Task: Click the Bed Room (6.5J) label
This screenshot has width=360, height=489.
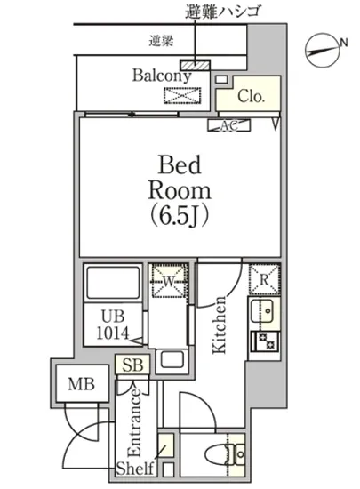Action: pyautogui.click(x=180, y=191)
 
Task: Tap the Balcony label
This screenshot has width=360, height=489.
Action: pyautogui.click(x=162, y=76)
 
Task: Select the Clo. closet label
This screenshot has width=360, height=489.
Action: pyautogui.click(x=251, y=96)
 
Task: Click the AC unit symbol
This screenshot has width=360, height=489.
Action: pyautogui.click(x=229, y=125)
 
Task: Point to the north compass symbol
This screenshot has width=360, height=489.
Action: pyautogui.click(x=323, y=50)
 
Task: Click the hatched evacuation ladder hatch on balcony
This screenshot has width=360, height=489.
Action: pyautogui.click(x=196, y=65)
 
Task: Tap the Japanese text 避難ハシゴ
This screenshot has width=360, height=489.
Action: pyautogui.click(x=222, y=12)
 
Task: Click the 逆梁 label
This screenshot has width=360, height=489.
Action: pyautogui.click(x=161, y=41)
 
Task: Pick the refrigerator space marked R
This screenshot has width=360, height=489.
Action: pyautogui.click(x=264, y=279)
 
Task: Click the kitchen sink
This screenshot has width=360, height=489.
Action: pyautogui.click(x=262, y=311)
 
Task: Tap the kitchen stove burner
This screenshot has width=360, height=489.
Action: pyautogui.click(x=265, y=341)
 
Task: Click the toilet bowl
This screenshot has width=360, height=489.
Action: pyautogui.click(x=217, y=453)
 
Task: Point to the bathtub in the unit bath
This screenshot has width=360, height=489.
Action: pyautogui.click(x=113, y=283)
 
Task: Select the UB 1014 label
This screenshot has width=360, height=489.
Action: pyautogui.click(x=113, y=325)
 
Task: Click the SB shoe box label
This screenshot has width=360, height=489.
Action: pyautogui.click(x=132, y=365)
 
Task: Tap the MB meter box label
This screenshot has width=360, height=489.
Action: pyautogui.click(x=82, y=384)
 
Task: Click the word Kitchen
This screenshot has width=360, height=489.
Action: pyautogui.click(x=220, y=325)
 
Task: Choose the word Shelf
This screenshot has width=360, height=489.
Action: pyautogui.click(x=135, y=469)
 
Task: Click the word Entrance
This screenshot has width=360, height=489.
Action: pyautogui.click(x=134, y=422)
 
